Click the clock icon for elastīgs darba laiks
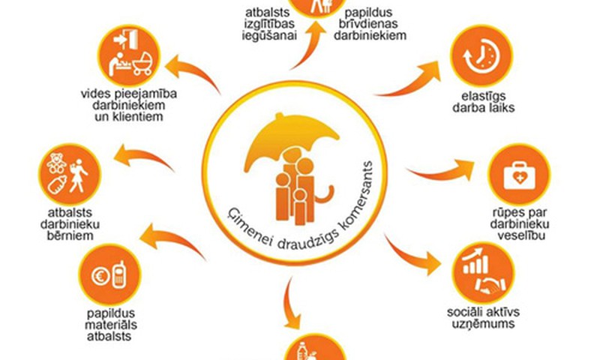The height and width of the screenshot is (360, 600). pos(481,55)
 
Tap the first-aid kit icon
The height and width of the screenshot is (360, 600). pos(519,175)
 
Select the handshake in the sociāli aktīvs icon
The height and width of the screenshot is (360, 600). pos(490,286)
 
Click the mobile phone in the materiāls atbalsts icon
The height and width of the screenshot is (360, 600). pos(119,274)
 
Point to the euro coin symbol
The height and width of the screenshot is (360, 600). pos(100,276)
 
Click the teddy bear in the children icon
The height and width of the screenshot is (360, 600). pos(57,163)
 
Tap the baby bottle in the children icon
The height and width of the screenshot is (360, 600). pos(58,184)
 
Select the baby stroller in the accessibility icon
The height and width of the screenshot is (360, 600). pos(142,64)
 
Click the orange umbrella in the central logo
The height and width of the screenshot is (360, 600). pos(291,142)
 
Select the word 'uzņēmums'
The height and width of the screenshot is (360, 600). pos(483,324)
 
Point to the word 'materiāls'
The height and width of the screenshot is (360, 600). pos(110,325)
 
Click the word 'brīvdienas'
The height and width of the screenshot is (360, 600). pos(368,24)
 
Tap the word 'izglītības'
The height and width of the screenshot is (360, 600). pos(269,24)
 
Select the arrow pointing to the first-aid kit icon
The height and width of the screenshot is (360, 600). pos(440,170)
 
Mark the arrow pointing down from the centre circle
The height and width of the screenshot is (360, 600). pos(290,304)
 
